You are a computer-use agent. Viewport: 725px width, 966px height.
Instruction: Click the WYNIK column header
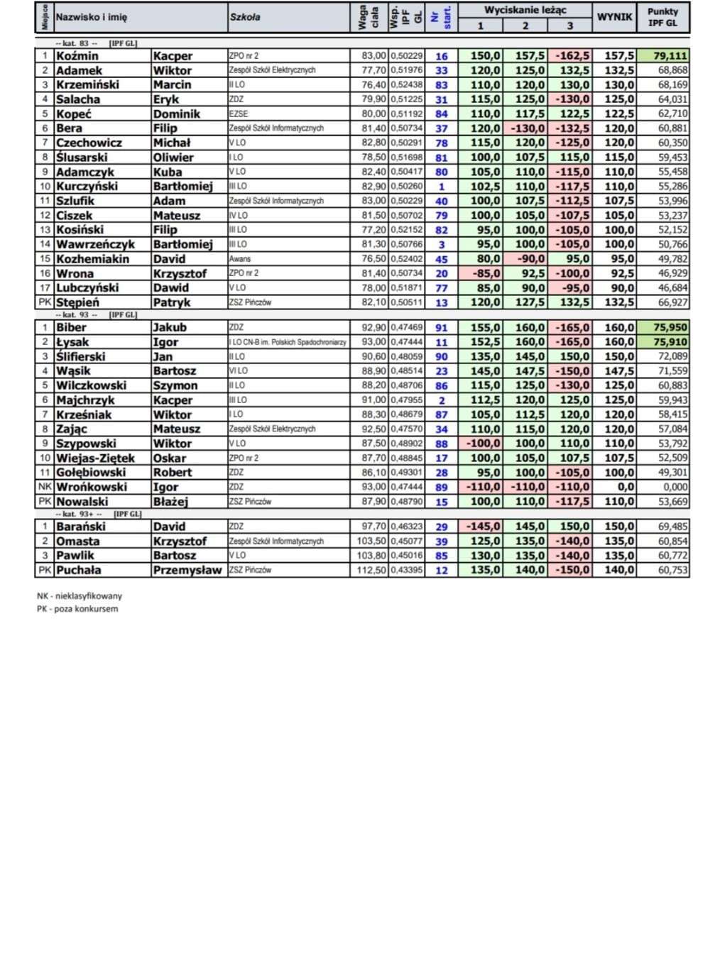pos(614,17)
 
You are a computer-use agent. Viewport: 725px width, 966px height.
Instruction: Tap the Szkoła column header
pos(245,17)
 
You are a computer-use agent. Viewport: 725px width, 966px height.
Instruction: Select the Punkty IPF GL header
pos(663,17)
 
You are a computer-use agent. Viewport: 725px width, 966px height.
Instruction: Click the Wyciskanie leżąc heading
pos(525,10)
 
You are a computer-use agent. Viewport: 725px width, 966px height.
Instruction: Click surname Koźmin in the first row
pos(77,56)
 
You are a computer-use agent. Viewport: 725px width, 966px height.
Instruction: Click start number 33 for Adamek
pos(442,70)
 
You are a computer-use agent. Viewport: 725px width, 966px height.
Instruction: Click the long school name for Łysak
pos(288,342)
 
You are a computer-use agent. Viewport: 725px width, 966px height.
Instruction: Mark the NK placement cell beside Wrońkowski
pos(45,487)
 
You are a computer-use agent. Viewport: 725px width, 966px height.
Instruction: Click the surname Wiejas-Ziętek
pos(95,458)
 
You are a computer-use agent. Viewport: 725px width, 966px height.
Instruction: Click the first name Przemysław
pos(187,570)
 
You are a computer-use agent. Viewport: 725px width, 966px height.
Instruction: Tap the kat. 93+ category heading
pos(79,514)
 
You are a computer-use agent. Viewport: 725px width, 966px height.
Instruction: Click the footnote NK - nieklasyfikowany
pos(80,596)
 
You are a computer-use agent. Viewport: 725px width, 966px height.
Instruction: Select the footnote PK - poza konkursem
pos(77,609)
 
